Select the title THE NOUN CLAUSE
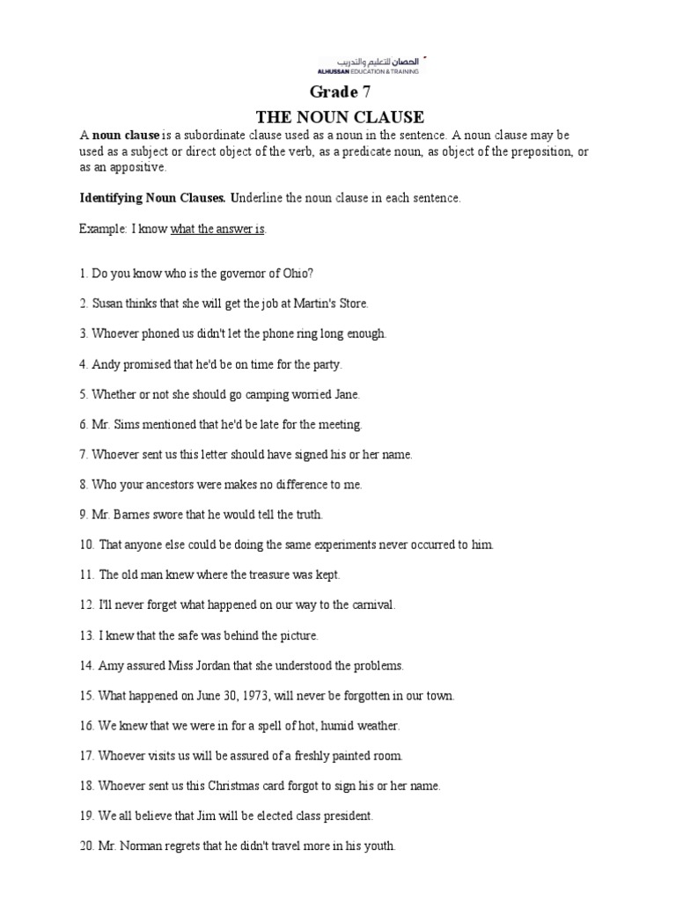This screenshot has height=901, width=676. pyautogui.click(x=339, y=116)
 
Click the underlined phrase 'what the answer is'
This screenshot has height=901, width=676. pyautogui.click(x=217, y=229)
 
